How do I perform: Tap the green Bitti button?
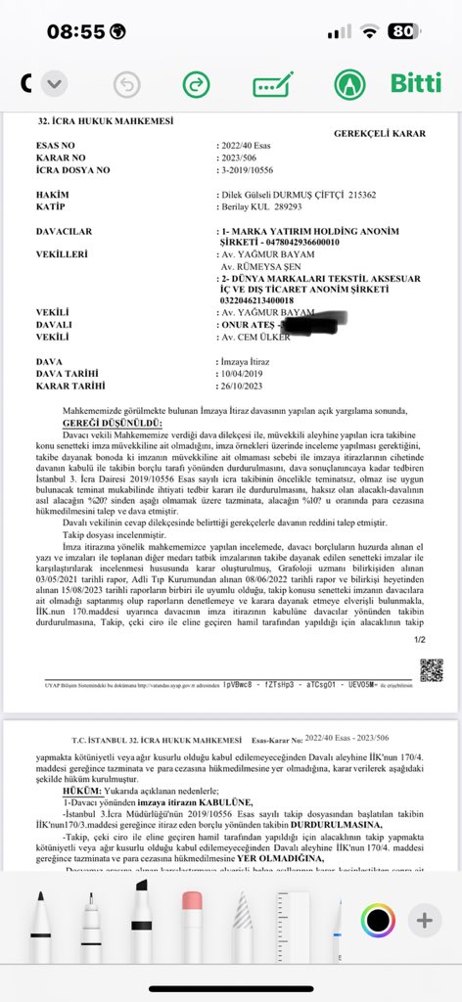tap(416, 82)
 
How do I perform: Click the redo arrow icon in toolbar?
tap(196, 84)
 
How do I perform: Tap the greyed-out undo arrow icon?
tap(126, 84)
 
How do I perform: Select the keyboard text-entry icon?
tap(272, 84)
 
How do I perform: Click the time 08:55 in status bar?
tap(75, 30)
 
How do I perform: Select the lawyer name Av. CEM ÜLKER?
tap(255, 336)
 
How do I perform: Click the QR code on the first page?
tap(432, 669)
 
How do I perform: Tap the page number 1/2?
tap(421, 640)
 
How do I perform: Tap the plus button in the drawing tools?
tap(424, 920)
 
